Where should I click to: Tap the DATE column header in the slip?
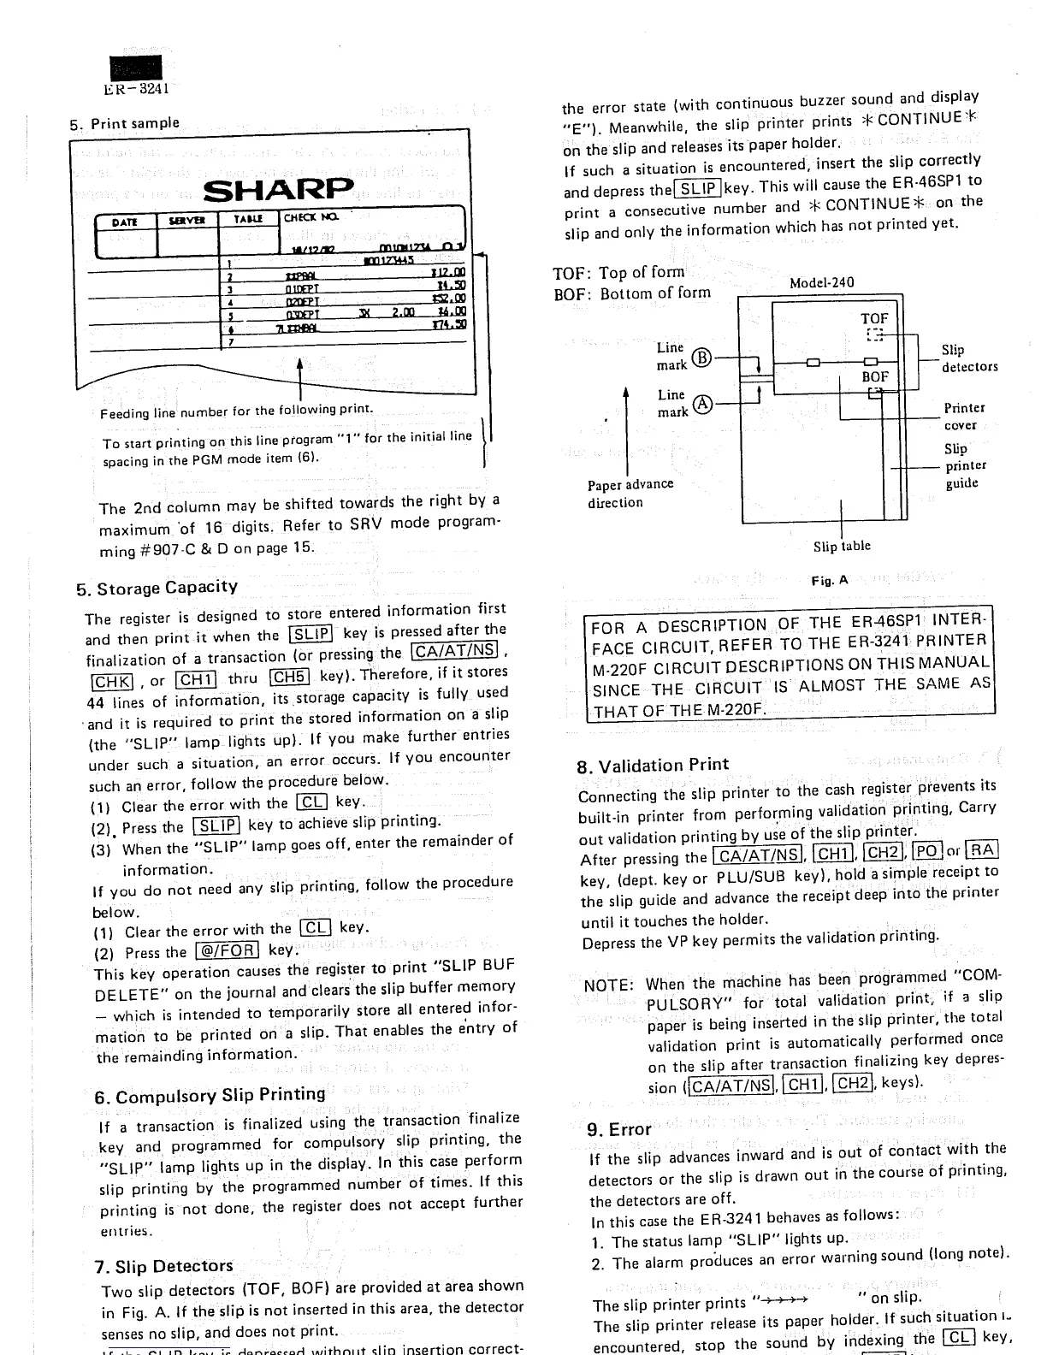point(125,221)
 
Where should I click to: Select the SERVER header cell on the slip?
point(185,220)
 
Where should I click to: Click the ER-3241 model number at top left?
point(137,87)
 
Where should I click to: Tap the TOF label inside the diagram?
point(874,318)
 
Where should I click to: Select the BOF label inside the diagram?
point(874,376)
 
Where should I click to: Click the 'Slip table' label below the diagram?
point(842,546)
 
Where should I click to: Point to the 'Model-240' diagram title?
point(821,283)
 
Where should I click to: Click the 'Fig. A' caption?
point(829,580)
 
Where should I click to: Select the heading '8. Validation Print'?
point(654,765)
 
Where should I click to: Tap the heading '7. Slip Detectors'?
point(163,1266)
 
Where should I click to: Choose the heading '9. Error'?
point(619,1129)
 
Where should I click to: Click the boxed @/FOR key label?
point(228,951)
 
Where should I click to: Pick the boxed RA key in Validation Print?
point(982,850)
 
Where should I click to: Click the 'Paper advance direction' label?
point(630,493)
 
